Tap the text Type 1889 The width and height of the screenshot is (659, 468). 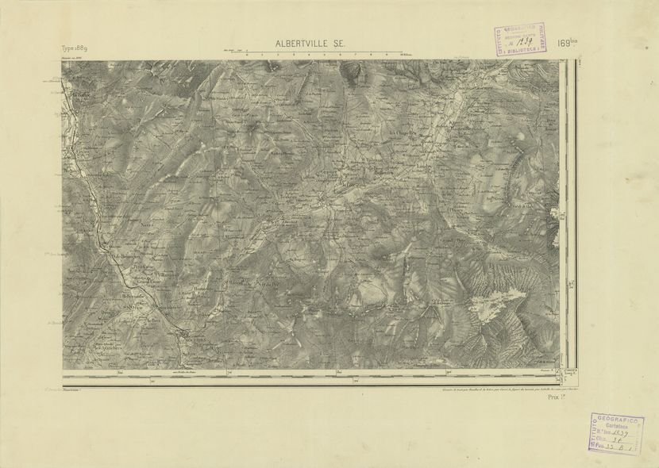click(74, 48)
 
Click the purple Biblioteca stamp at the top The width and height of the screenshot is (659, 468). click(521, 39)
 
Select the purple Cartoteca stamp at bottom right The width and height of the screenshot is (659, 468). click(616, 433)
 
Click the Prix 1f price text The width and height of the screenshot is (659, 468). click(557, 399)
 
